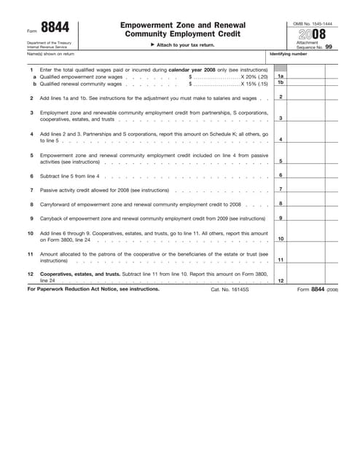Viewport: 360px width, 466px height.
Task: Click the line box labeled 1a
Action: [x=281, y=76]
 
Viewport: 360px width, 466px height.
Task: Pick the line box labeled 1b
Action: [x=281, y=82]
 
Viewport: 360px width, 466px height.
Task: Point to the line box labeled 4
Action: [x=281, y=139]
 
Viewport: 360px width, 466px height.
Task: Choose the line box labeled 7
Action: [x=281, y=189]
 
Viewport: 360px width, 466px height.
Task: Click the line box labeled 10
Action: [x=281, y=239]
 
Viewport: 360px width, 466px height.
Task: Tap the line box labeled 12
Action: [x=281, y=280]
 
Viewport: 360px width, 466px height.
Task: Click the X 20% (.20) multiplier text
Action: [x=254, y=76]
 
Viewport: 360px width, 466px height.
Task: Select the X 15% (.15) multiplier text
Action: [x=254, y=83]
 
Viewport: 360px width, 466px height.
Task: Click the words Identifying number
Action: [x=289, y=54]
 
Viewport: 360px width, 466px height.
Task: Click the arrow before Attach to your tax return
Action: [x=152, y=45]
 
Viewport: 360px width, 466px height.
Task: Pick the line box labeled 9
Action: [x=281, y=218]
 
